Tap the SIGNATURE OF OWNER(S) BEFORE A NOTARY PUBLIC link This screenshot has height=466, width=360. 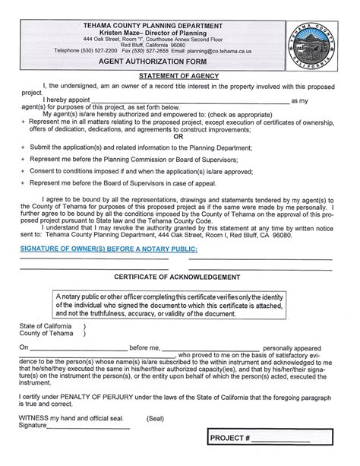pos(109,249)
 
